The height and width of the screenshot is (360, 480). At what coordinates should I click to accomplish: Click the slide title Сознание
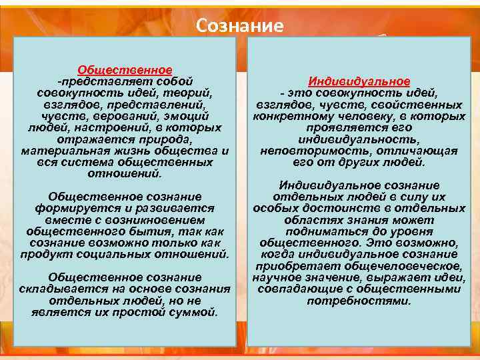click(x=240, y=25)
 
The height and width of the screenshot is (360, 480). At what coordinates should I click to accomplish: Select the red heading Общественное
click(x=125, y=69)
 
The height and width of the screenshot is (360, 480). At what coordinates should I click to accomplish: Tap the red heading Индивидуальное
click(x=359, y=81)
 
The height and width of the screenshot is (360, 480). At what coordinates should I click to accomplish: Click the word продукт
click(x=44, y=255)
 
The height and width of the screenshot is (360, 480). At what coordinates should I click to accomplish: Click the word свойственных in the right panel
click(x=423, y=105)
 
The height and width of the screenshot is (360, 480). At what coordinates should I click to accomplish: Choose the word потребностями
click(x=359, y=301)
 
